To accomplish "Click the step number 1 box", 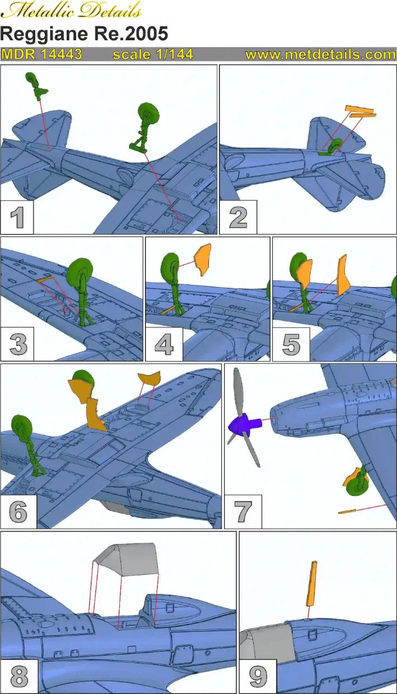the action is click(17, 217).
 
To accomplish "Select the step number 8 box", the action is click(19, 676).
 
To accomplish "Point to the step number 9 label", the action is click(258, 676).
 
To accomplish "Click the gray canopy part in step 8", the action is click(127, 559).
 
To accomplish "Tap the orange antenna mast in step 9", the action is click(311, 584).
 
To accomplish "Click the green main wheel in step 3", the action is click(80, 271).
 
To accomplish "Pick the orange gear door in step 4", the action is click(202, 259).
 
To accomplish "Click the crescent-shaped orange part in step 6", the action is click(149, 378).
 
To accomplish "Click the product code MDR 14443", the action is click(41, 54).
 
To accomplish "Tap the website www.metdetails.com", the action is click(320, 54).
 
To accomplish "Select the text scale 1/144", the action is click(153, 54).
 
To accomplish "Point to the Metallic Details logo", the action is click(71, 10).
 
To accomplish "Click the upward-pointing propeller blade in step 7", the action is click(239, 391).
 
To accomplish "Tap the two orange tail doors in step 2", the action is click(361, 111).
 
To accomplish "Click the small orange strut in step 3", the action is click(45, 279).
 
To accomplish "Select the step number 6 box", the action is click(18, 511).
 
